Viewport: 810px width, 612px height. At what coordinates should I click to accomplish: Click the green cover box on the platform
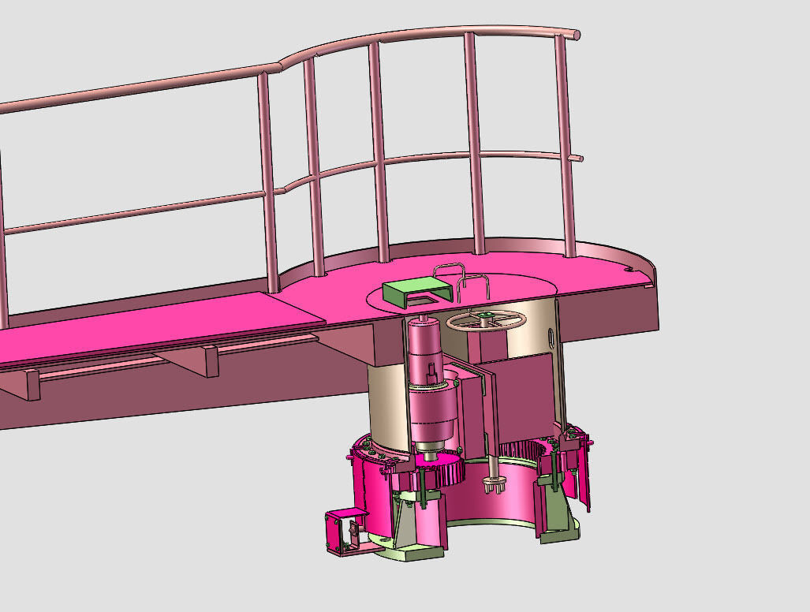coord(407,291)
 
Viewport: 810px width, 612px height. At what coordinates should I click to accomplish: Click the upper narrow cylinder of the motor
coord(423,346)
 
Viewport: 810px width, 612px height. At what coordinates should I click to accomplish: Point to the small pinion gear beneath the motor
coord(431,455)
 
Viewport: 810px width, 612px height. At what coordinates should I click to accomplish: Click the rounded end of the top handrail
coord(576,35)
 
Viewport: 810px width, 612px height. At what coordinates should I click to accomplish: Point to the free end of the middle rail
coord(579,159)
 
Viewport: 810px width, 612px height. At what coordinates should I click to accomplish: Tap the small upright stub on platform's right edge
coord(652,275)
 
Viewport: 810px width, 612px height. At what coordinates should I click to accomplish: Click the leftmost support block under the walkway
coord(31,386)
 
